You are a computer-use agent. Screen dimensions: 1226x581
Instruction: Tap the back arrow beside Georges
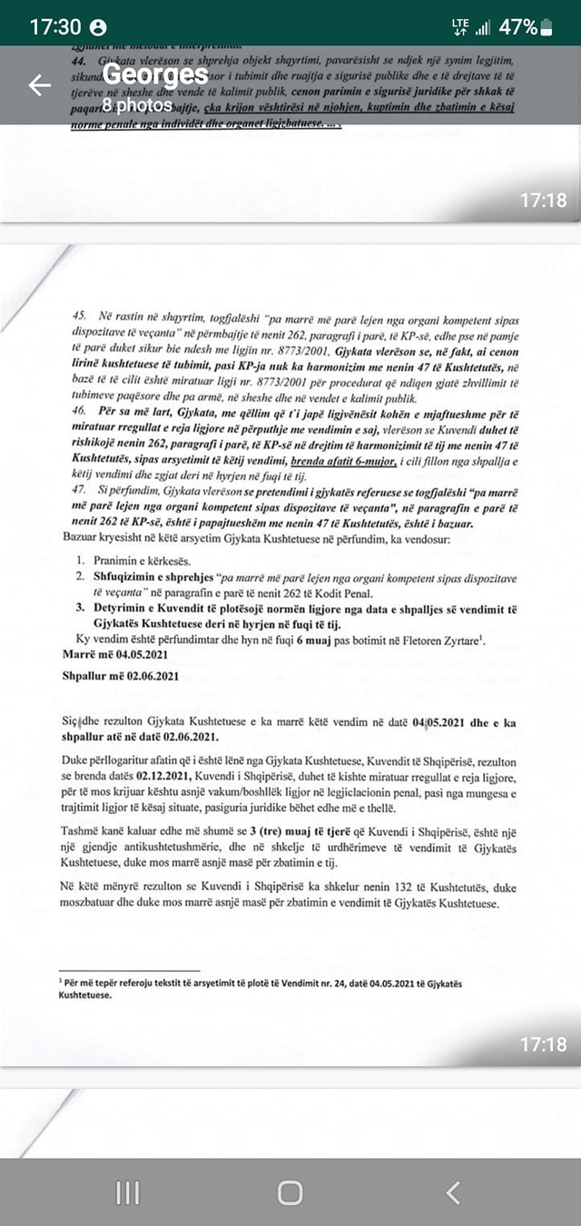[x=40, y=86]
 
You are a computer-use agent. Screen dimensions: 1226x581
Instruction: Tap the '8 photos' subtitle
[x=136, y=105]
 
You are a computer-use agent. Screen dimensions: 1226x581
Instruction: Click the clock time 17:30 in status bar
[x=55, y=26]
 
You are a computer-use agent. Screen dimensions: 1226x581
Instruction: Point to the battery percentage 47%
[x=517, y=26]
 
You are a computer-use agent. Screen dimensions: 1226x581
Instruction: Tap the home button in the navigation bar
[x=290, y=1192]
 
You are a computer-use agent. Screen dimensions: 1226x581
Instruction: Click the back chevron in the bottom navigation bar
[x=454, y=1192]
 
